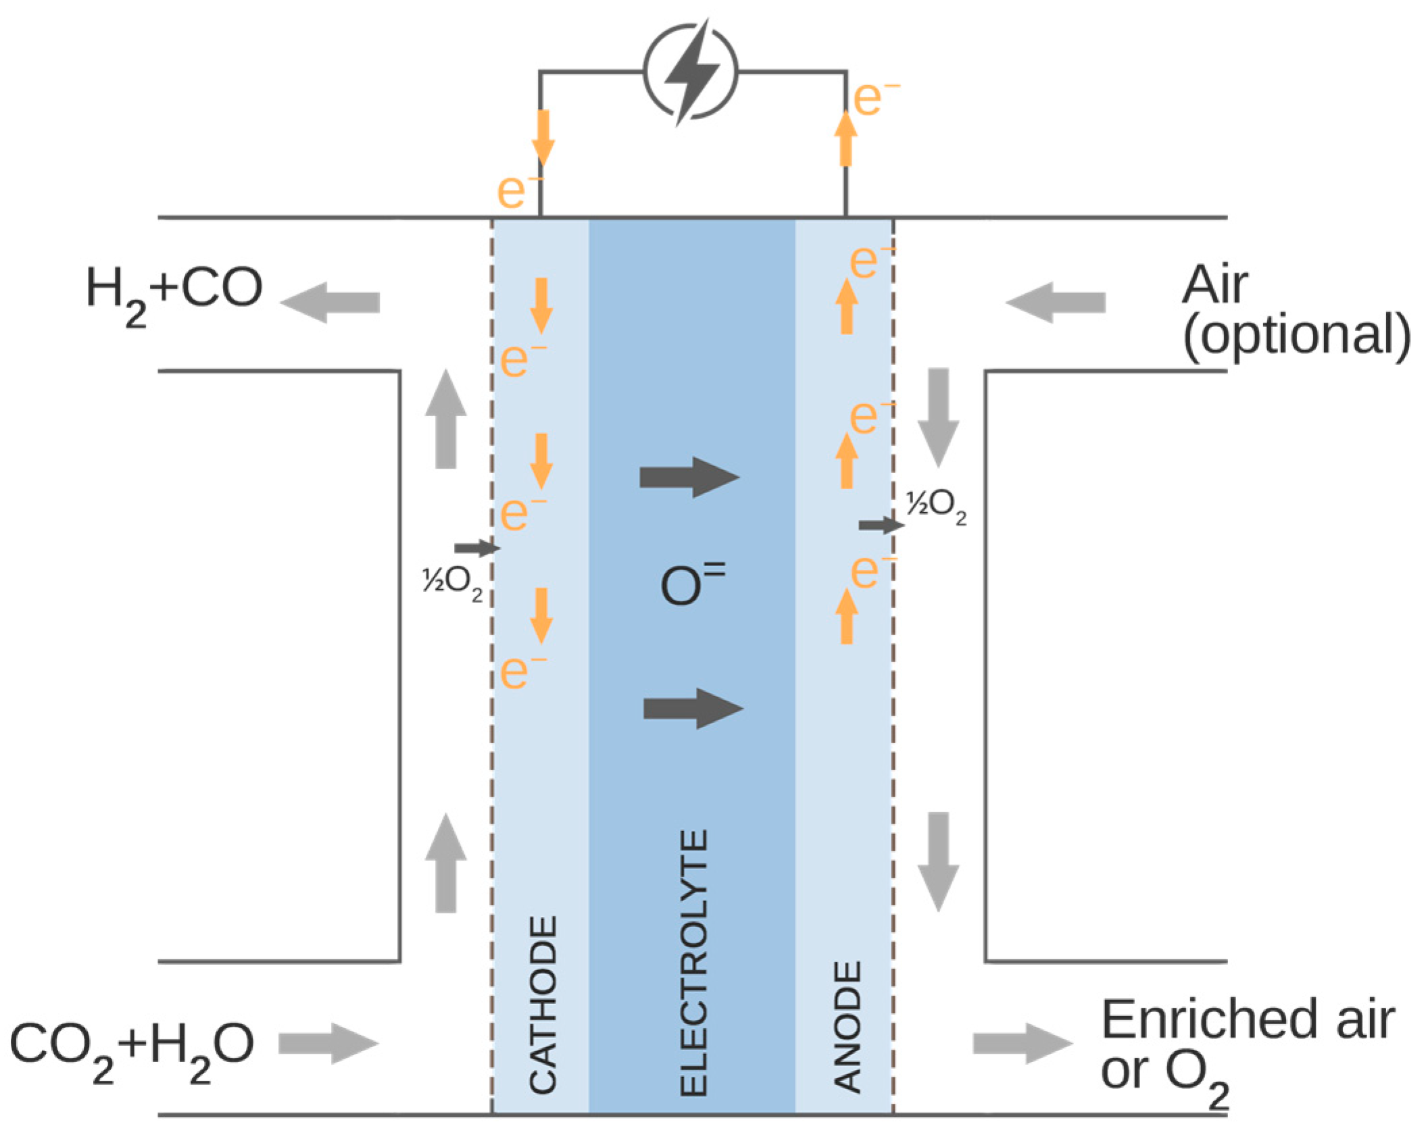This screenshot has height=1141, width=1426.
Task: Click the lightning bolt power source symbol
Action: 690,72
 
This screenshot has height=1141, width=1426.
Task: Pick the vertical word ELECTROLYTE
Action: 693,963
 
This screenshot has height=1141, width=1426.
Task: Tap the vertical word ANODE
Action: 847,1026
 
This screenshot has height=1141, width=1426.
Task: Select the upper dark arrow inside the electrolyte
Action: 689,478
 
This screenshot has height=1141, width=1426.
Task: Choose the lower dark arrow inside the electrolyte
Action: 693,709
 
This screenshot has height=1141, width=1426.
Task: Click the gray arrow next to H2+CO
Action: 330,302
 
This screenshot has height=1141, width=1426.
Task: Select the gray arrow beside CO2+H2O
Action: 328,1044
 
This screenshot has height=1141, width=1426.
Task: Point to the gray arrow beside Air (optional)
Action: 1055,302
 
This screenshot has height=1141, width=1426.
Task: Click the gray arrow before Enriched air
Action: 1022,1044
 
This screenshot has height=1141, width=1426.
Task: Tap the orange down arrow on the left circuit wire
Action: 543,138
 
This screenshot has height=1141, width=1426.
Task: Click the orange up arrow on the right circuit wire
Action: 845,138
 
